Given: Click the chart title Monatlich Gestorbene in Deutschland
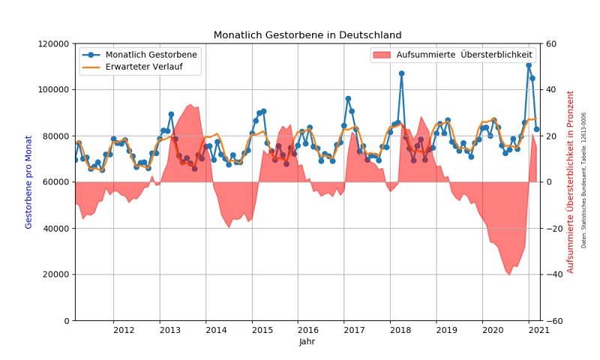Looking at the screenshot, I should [x=307, y=35].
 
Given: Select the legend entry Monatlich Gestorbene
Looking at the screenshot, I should [x=151, y=55].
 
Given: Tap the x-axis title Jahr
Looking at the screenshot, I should [x=307, y=342].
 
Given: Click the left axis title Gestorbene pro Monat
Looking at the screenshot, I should [x=29, y=182].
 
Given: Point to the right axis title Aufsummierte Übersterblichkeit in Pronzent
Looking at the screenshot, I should [x=570, y=182].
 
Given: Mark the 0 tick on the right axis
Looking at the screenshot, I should [x=548, y=182].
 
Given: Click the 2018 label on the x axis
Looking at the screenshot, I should [x=400, y=330].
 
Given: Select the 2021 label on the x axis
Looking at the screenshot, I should [x=538, y=330].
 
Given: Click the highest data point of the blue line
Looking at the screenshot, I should [x=529, y=65].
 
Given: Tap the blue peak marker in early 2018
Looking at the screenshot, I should [x=401, y=73].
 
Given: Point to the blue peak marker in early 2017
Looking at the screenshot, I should [x=348, y=99].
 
